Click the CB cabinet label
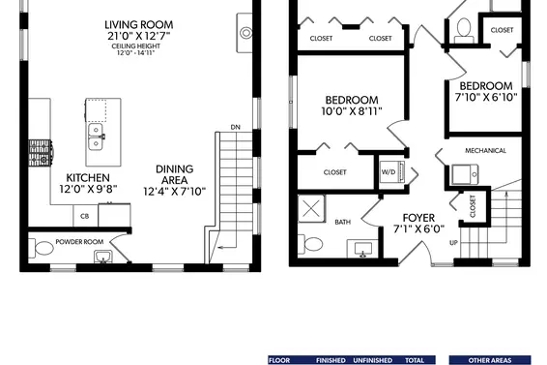pyautogui.click(x=84, y=216)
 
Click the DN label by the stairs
pyautogui.click(x=235, y=127)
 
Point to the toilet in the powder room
pyautogui.click(x=42, y=250)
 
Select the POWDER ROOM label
pyautogui.click(x=79, y=241)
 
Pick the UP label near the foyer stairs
pyautogui.click(x=453, y=243)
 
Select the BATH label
pyautogui.click(x=343, y=222)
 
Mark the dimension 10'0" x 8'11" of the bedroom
pyautogui.click(x=352, y=112)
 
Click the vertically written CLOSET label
pyautogui.click(x=473, y=205)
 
